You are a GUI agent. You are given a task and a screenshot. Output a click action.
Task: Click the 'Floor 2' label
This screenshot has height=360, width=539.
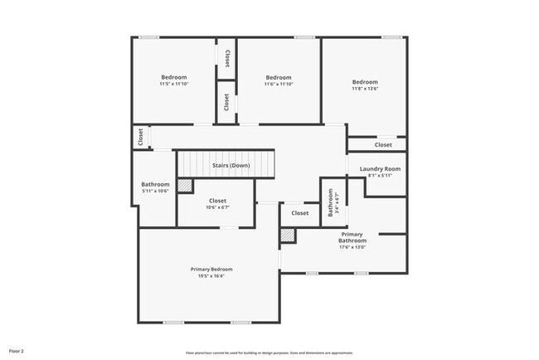click(17, 352)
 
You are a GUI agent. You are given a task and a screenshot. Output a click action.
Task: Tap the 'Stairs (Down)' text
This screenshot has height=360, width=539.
click(231, 165)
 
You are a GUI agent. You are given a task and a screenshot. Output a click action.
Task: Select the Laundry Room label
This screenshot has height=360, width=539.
click(380, 168)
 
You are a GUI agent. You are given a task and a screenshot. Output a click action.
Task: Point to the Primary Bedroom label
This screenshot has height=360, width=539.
click(211, 269)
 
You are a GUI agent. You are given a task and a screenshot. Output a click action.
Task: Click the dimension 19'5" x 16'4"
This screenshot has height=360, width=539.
click(211, 276)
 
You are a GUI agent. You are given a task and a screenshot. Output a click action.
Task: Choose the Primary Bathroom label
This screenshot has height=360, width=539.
click(352, 237)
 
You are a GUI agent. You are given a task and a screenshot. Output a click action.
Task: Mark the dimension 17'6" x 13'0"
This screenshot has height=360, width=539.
click(352, 246)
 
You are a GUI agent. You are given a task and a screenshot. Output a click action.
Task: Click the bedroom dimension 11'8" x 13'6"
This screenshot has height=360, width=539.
click(365, 89)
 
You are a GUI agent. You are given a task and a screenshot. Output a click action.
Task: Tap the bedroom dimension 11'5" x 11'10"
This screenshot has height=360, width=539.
click(174, 84)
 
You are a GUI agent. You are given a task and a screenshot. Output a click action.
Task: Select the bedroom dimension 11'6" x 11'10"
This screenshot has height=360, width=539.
click(279, 84)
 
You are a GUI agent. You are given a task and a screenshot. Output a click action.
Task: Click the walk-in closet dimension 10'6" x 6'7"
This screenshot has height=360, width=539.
click(217, 207)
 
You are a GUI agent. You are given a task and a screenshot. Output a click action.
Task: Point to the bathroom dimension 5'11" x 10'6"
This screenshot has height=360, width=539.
click(155, 191)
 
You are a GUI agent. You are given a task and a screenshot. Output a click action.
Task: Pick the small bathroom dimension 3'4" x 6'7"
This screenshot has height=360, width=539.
click(337, 202)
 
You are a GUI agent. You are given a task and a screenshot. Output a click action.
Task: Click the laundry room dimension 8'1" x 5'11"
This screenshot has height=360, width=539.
click(380, 175)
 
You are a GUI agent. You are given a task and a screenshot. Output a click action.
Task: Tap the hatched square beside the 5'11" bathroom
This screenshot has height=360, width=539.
click(185, 187)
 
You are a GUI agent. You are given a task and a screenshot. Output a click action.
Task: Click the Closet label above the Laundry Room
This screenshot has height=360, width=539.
click(383, 145)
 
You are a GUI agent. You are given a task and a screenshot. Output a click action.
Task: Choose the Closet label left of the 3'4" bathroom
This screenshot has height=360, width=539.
click(300, 213)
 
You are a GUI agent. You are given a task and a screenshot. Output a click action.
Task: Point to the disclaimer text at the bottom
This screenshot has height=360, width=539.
click(269, 353)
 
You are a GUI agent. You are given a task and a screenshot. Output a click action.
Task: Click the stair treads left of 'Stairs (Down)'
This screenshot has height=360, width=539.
click(196, 164)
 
